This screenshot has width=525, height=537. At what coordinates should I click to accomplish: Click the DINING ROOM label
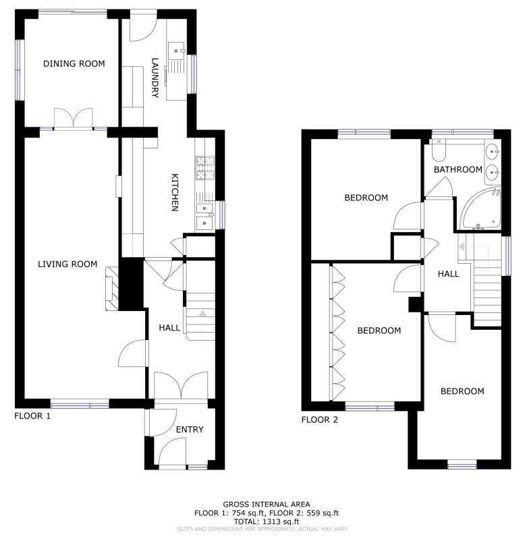(74, 63)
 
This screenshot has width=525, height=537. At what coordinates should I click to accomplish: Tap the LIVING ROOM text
(67, 264)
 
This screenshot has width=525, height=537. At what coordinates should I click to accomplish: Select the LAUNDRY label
(155, 78)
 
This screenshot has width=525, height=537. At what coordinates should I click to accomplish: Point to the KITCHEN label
(175, 193)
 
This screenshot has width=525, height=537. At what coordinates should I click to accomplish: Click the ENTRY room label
(190, 430)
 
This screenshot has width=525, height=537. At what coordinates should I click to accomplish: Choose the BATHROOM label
(458, 169)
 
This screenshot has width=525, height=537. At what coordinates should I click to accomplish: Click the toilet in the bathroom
(439, 150)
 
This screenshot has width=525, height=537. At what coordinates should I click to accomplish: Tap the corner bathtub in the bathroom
(480, 209)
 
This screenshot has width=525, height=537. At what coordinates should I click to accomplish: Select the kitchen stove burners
(205, 168)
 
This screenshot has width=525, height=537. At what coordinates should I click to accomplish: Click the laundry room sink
(176, 51)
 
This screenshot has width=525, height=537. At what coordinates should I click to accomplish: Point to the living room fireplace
(111, 289)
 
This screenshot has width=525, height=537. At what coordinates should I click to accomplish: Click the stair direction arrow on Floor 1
(202, 312)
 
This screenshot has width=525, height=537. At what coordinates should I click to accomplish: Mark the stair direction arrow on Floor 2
(462, 246)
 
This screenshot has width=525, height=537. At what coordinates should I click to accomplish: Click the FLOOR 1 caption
(32, 416)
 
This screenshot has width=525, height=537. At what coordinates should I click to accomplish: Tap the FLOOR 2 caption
(319, 420)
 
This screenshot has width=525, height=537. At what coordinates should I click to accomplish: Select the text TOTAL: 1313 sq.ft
(267, 521)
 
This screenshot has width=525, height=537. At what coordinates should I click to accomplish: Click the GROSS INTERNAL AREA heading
(267, 505)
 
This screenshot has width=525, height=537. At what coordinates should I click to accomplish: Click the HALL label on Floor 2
(448, 274)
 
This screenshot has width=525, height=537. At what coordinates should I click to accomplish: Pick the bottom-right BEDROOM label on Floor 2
(462, 391)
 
